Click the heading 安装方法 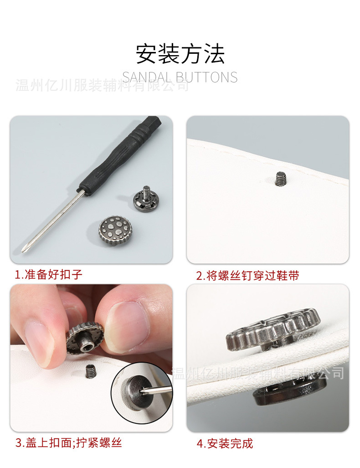coord(180,54)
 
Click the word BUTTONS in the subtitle coord(206,77)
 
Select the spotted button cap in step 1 coord(116,231)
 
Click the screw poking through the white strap coord(281,179)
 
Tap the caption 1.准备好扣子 coord(49,274)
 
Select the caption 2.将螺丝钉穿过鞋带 coord(247,276)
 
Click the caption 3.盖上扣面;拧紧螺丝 coord(69,442)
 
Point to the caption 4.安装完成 coord(225,443)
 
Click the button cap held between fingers coord(84,339)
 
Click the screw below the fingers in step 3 coord(90,371)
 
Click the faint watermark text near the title coord(103,85)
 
